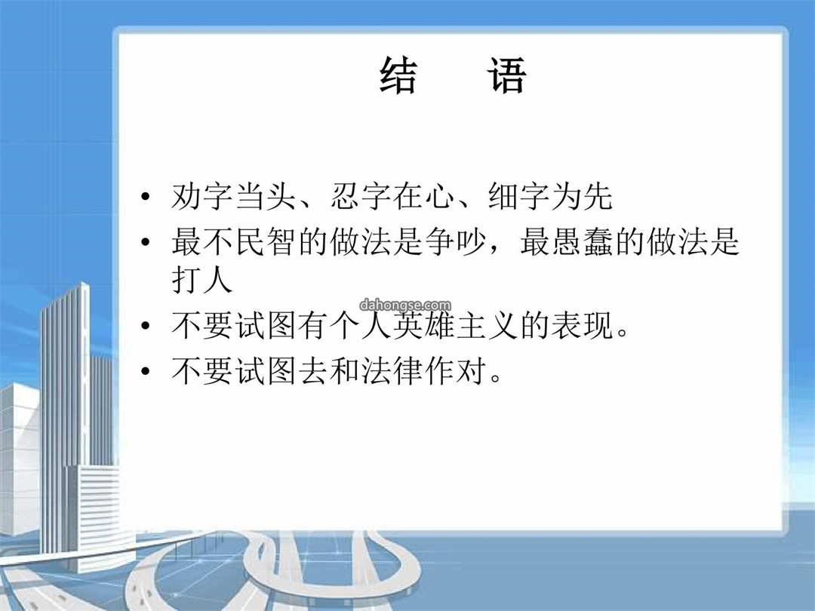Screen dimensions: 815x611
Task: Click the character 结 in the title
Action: (x=398, y=76)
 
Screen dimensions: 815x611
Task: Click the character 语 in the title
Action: (x=507, y=76)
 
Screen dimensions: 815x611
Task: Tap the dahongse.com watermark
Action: (x=405, y=305)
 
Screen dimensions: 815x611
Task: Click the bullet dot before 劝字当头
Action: (x=146, y=197)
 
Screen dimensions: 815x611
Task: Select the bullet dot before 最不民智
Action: (x=146, y=242)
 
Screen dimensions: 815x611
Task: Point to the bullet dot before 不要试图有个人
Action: (x=146, y=326)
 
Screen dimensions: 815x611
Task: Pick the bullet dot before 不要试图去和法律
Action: (x=146, y=371)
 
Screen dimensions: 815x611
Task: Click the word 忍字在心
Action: (x=392, y=196)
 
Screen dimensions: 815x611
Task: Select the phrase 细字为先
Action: (x=550, y=196)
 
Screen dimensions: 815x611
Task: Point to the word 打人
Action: (x=201, y=280)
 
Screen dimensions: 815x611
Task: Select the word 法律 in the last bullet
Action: (x=392, y=370)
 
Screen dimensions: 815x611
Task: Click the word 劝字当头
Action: (x=233, y=196)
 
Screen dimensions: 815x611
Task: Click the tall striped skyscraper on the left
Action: (x=65, y=416)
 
